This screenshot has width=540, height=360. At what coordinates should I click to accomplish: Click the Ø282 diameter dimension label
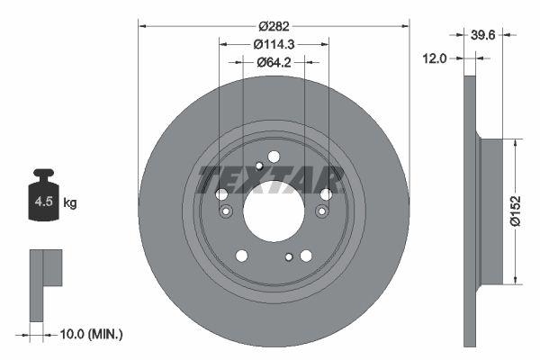pyautogui.click(x=274, y=26)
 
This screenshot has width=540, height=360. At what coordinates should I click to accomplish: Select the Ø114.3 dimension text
pyautogui.click(x=274, y=44)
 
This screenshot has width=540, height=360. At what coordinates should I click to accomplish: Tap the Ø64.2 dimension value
pyautogui.click(x=274, y=62)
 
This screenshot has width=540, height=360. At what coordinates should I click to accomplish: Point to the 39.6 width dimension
pyautogui.click(x=482, y=35)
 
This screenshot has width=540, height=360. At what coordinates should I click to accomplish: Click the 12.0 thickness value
pyautogui.click(x=435, y=58)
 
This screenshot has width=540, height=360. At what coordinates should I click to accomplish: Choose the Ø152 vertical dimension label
pyautogui.click(x=516, y=211)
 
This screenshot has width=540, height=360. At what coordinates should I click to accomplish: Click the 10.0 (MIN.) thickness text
pyautogui.click(x=91, y=334)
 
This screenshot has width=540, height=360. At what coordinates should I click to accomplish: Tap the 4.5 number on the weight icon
pyautogui.click(x=44, y=202)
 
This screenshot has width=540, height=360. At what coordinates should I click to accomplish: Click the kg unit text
pyautogui.click(x=70, y=202)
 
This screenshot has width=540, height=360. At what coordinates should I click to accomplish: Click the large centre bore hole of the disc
pyautogui.click(x=274, y=211)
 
